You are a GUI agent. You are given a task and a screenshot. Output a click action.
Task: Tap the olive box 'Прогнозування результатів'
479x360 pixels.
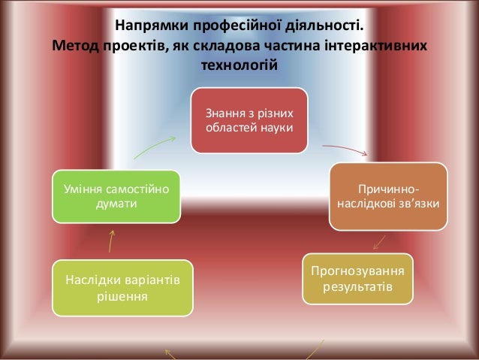click(x=357, y=279)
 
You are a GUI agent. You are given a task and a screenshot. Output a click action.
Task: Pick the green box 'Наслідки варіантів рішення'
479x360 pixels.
click(x=122, y=288)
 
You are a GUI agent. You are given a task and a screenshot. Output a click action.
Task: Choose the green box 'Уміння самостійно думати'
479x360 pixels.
click(x=116, y=196)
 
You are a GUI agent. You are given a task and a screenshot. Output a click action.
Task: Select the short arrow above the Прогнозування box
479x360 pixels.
click(x=379, y=243)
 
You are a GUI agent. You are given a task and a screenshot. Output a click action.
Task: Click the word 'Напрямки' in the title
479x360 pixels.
click(x=146, y=29)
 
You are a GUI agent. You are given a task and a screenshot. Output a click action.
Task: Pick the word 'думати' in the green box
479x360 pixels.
click(x=116, y=204)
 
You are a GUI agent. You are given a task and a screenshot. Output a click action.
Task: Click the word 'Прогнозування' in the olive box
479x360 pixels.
click(x=357, y=271)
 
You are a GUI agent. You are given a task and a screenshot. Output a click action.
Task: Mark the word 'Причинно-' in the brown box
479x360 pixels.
click(x=389, y=187)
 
